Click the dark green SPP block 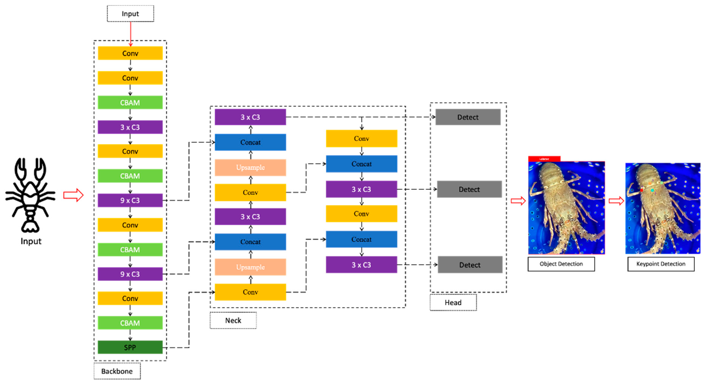(130, 347)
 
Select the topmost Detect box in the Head (468, 117)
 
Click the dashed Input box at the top (130, 14)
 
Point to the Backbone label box (117, 371)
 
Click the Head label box (453, 302)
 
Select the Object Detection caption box (561, 264)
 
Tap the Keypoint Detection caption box (661, 264)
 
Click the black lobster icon (30, 194)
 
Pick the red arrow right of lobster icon (73, 195)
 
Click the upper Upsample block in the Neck (250, 167)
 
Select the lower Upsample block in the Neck (250, 267)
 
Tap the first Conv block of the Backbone (130, 53)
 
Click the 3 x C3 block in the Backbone (130, 127)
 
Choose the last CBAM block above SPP (130, 323)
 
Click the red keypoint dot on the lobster (641, 190)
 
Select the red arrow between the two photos (616, 201)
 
